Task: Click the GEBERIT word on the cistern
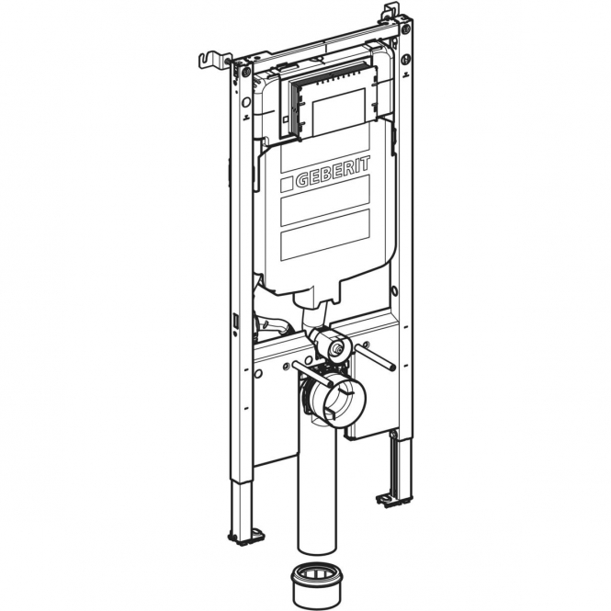333,172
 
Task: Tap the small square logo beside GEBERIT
287,185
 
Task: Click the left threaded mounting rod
312,374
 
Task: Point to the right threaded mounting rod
375,357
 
